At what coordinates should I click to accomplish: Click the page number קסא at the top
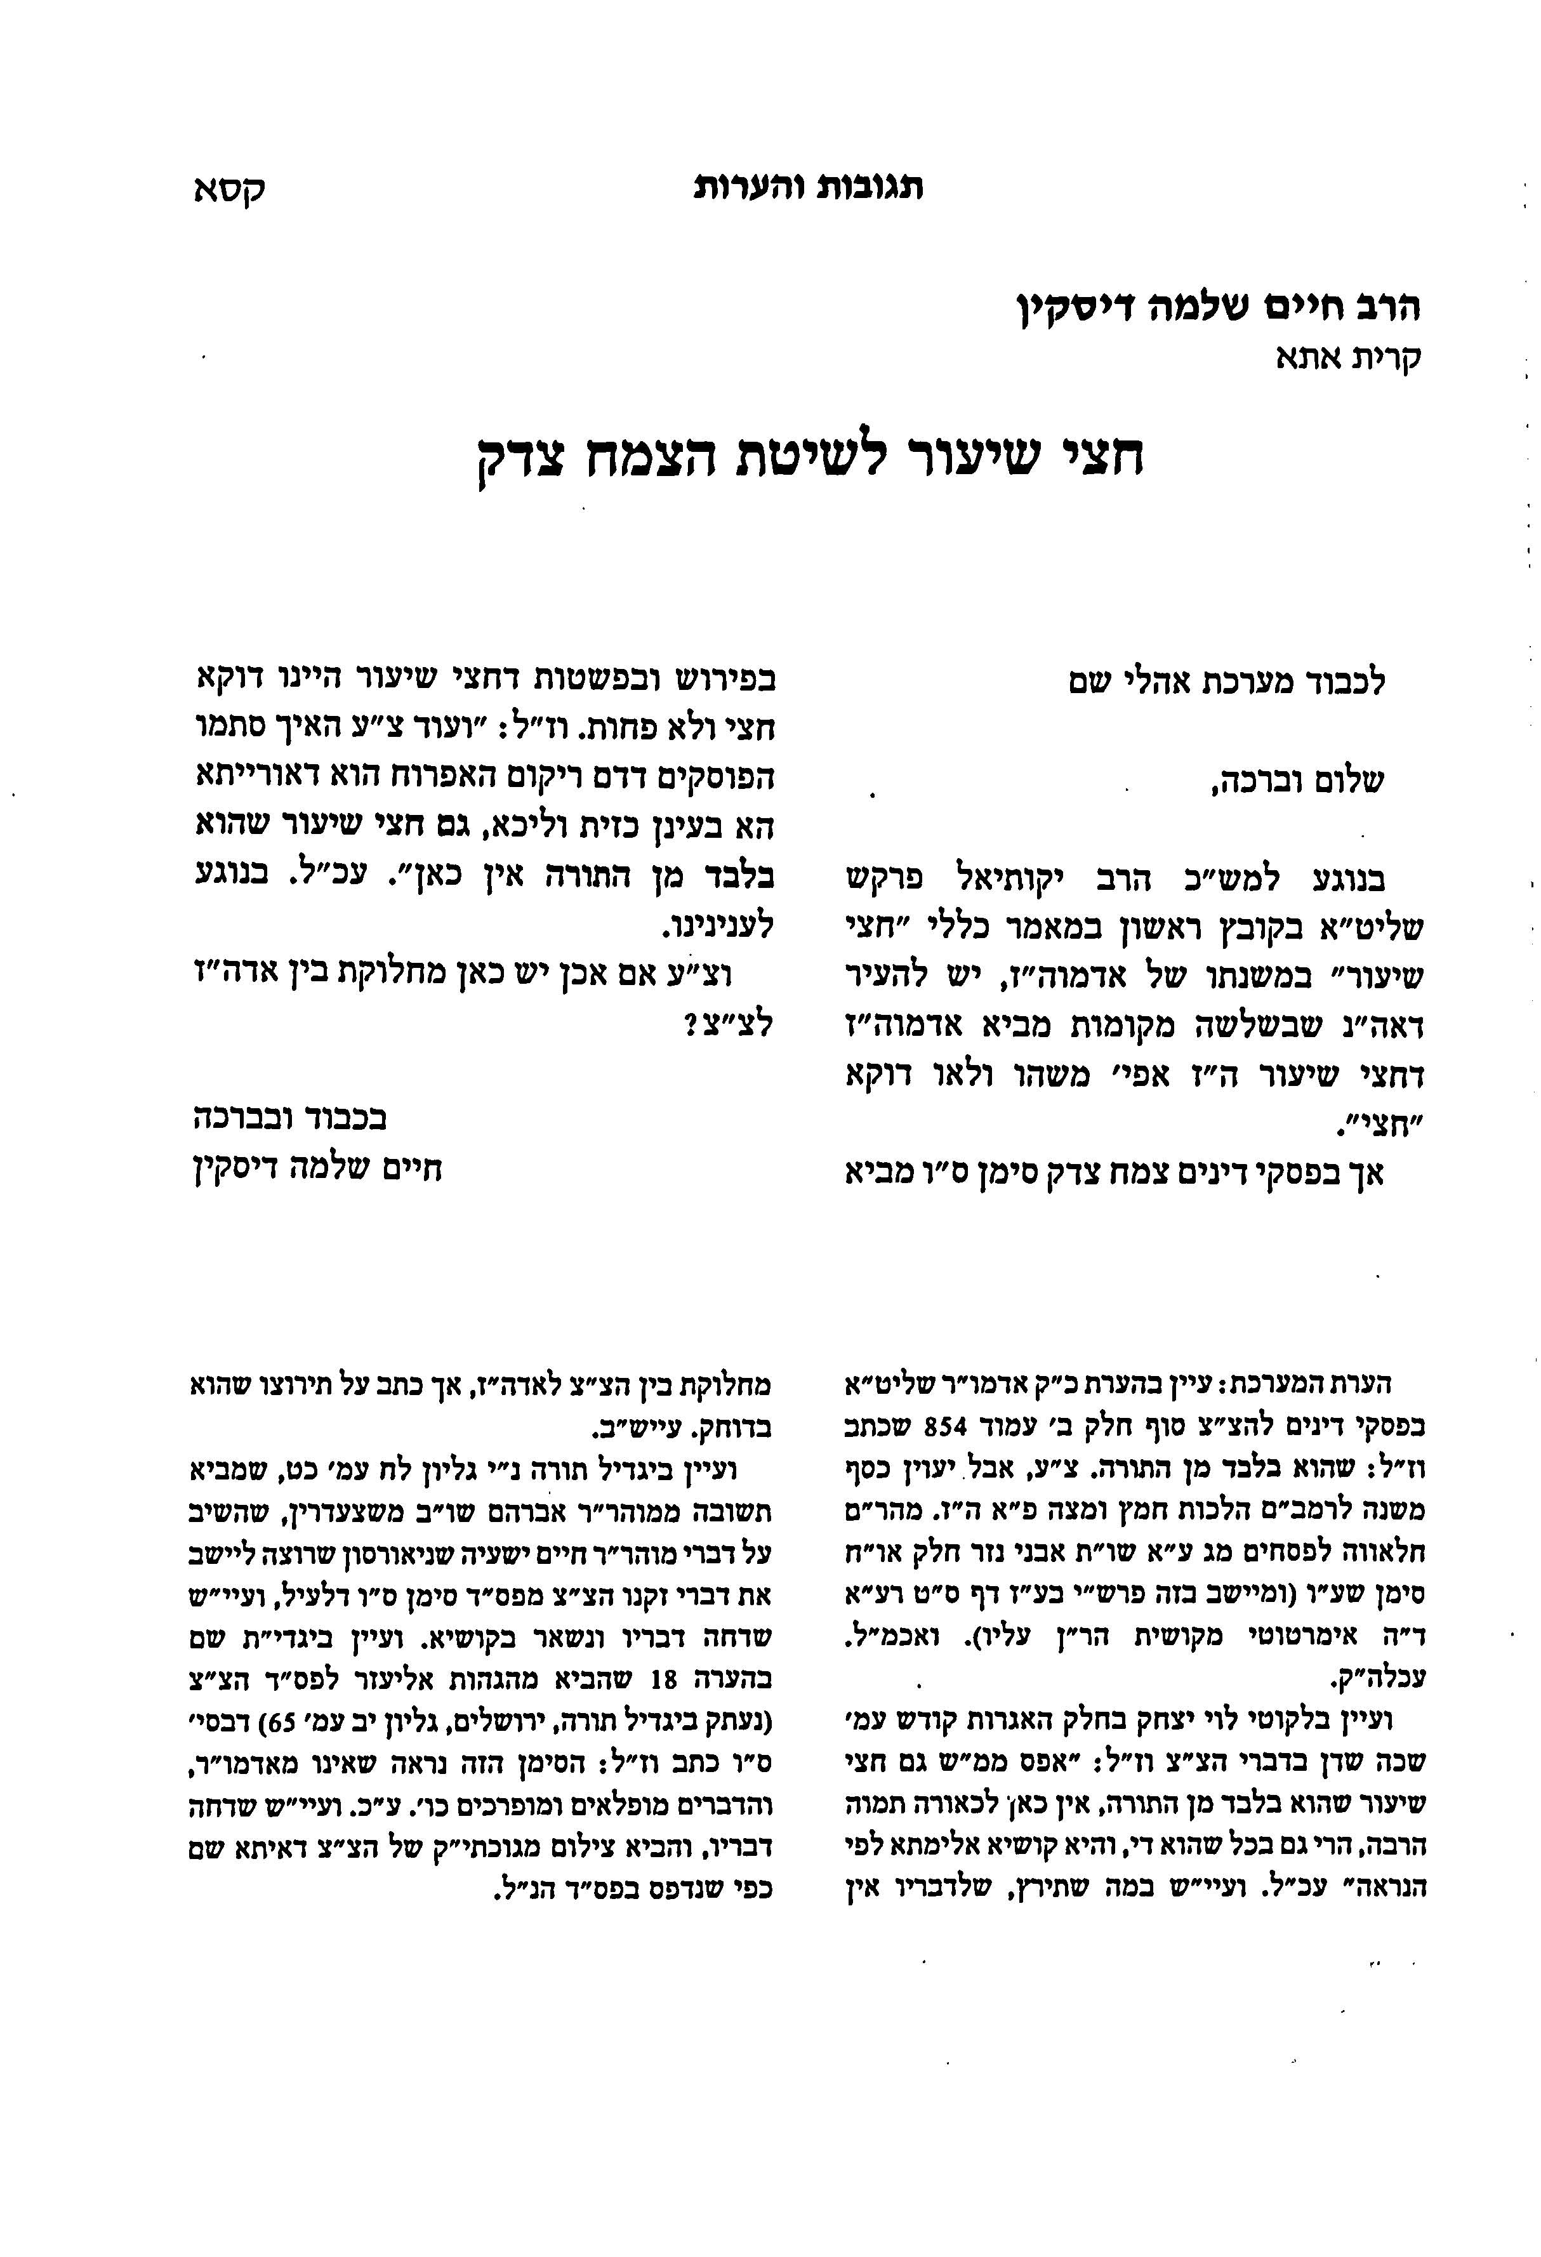click(x=229, y=189)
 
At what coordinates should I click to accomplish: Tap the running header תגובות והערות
click(x=809, y=187)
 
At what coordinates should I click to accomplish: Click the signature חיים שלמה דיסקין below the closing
click(x=317, y=1168)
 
